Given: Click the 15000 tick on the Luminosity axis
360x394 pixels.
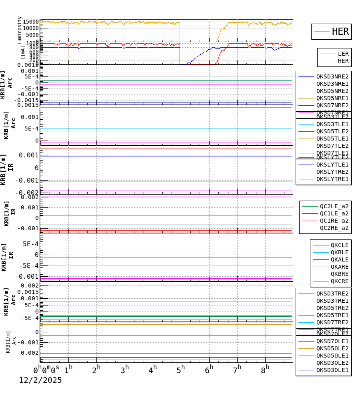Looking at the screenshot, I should click(x=31, y=22).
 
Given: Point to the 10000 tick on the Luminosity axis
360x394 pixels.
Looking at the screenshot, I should click(x=31, y=28).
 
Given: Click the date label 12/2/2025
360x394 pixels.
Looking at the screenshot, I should click(x=40, y=380).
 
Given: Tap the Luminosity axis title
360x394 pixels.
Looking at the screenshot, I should click(x=20, y=30).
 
